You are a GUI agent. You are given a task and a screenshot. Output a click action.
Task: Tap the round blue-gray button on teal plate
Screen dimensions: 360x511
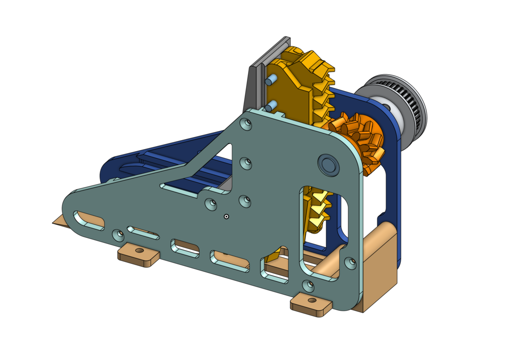(x=328, y=164)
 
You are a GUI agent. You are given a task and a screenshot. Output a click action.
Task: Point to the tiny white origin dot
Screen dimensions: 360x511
(x=226, y=216)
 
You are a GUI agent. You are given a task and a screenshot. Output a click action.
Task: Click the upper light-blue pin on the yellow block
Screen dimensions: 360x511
(x=272, y=80)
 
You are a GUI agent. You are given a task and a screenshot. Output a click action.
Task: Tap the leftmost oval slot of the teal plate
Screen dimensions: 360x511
(x=89, y=220)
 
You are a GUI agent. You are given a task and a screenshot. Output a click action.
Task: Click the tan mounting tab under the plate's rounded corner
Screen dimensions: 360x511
(x=311, y=304)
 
